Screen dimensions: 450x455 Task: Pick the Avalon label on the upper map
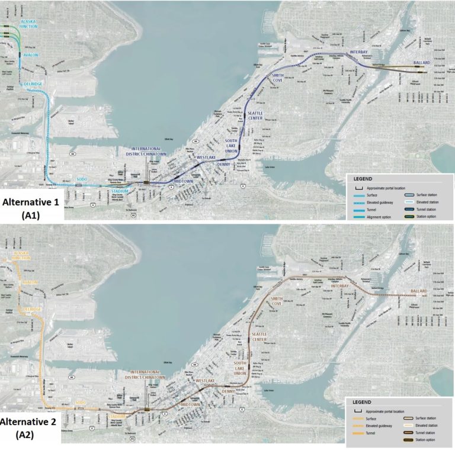click(x=30, y=55)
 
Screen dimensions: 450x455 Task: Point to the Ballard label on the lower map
click(x=422, y=291)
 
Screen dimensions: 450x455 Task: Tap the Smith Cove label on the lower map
click(x=276, y=302)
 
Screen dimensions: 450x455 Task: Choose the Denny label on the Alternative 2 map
click(x=228, y=391)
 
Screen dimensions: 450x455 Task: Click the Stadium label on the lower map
click(x=117, y=416)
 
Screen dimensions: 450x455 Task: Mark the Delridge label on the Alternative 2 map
click(x=31, y=310)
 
